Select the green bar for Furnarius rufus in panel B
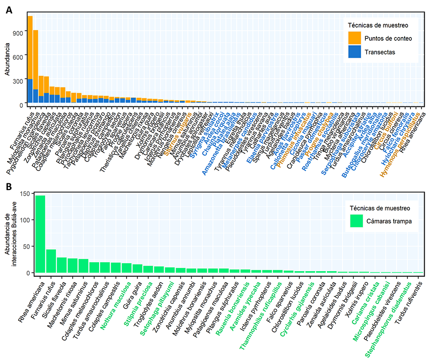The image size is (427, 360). pos(51,261)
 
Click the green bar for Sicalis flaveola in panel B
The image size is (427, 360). pos(62,265)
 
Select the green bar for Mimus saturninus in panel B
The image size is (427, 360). pos(84,266)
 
